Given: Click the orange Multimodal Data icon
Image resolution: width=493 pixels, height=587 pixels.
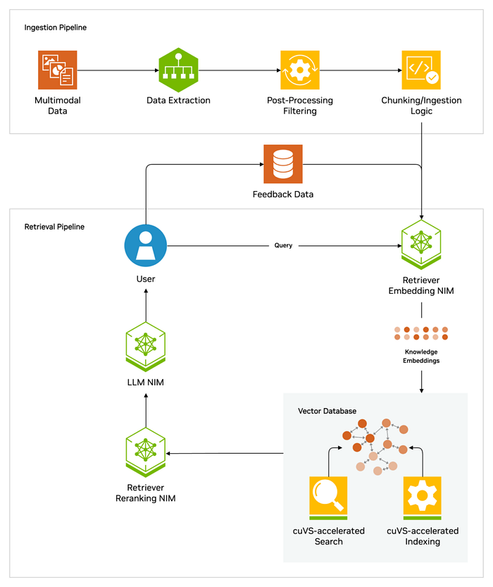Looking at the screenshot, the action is (58, 70).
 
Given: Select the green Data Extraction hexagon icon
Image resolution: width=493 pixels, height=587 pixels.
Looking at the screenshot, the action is (178, 70).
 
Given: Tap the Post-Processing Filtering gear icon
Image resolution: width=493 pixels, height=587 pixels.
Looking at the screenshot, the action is (300, 70).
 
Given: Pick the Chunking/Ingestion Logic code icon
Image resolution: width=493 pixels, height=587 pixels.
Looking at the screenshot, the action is (421, 70).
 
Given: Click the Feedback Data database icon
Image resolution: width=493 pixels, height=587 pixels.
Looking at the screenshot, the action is (283, 164).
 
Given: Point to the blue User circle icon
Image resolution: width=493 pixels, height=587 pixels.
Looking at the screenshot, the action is (146, 245).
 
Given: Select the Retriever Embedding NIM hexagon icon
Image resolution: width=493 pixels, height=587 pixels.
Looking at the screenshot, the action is (421, 245).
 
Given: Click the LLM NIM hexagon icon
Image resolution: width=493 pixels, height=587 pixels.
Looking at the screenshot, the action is (146, 347).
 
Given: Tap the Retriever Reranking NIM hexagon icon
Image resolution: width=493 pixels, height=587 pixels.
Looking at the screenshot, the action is (146, 452).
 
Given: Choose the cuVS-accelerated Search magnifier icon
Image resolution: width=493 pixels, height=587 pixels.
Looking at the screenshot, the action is (328, 498).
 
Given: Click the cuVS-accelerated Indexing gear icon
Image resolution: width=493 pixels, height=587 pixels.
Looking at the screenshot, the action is (423, 498).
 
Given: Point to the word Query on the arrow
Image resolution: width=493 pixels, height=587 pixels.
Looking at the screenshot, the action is (283, 245).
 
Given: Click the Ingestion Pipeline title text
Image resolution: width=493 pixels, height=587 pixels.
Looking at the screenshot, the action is (56, 27).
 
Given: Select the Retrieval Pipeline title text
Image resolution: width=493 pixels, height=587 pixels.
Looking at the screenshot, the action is (54, 226).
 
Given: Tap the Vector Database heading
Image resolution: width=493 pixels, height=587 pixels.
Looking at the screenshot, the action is (327, 411).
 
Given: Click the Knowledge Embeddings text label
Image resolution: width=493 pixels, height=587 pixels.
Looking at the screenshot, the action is (421, 356).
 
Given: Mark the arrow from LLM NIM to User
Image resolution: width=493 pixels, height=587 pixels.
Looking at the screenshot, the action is (146, 305).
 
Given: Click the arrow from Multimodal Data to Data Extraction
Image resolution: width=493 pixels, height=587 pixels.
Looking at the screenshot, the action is (118, 70).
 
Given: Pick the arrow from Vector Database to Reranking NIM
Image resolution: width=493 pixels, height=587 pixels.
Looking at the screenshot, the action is (225, 453).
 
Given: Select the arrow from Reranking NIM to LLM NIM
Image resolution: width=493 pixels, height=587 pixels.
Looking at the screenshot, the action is (146, 410).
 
